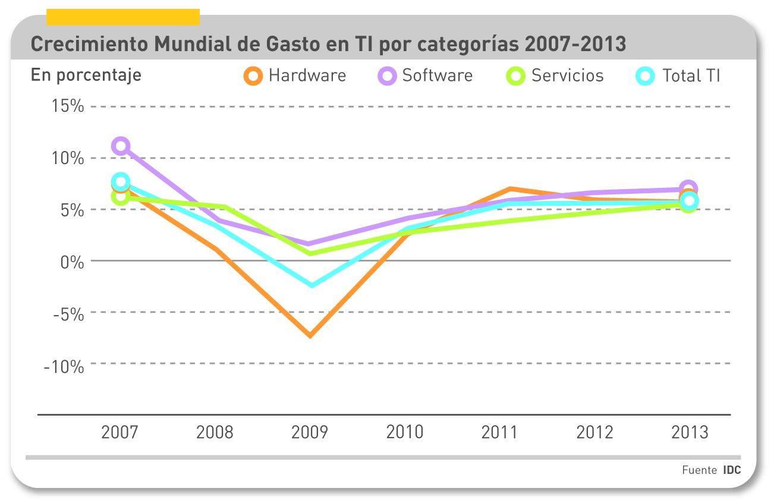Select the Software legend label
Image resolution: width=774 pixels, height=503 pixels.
(x=437, y=76)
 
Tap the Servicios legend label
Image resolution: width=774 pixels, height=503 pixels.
(x=567, y=76)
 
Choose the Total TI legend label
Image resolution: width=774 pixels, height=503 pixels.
(x=691, y=76)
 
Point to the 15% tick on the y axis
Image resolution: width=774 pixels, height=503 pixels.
(x=67, y=107)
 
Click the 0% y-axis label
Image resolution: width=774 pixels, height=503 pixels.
(x=72, y=261)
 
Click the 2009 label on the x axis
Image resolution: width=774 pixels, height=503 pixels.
(x=309, y=432)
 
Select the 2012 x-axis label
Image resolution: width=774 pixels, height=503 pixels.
(x=594, y=432)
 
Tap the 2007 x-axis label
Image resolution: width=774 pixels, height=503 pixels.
(x=119, y=432)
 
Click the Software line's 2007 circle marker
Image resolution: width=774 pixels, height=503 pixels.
(x=121, y=146)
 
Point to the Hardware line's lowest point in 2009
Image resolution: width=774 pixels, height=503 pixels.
(x=310, y=336)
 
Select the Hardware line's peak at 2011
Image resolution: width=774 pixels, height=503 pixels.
(x=509, y=189)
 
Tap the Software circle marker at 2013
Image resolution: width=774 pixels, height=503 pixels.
(x=688, y=188)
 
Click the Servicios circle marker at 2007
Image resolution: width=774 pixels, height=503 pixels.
(x=121, y=197)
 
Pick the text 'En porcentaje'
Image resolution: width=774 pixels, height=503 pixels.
(x=86, y=76)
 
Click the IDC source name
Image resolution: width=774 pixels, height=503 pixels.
(x=732, y=470)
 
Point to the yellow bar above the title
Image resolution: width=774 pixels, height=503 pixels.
(x=122, y=17)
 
